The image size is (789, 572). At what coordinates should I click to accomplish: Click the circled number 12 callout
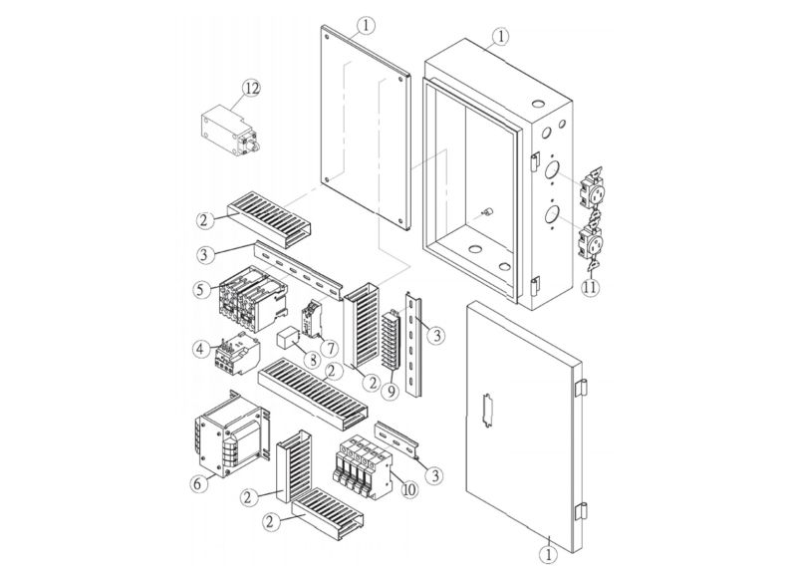pyautogui.click(x=250, y=88)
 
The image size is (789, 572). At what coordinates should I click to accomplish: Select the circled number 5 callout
pyautogui.click(x=201, y=292)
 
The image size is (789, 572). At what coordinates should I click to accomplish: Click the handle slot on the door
pyautogui.click(x=487, y=413)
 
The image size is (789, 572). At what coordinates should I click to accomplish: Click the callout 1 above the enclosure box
pyautogui.click(x=501, y=36)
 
